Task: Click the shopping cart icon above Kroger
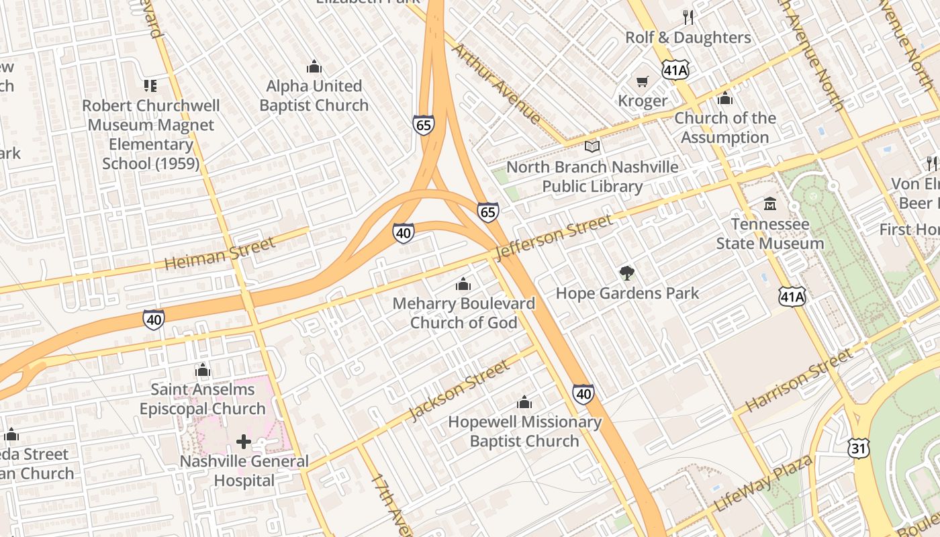(x=643, y=82)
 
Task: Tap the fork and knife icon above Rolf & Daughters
(x=688, y=17)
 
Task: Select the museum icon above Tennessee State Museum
(x=770, y=203)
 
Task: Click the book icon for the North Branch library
(x=592, y=146)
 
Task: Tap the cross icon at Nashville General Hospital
(x=244, y=442)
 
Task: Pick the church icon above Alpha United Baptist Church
(x=314, y=66)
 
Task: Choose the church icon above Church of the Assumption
(x=724, y=99)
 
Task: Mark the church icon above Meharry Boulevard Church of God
(x=463, y=284)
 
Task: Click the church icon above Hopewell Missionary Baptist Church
(x=524, y=402)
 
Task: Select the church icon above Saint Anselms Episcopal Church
(x=202, y=370)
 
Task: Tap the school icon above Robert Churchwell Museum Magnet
(x=150, y=86)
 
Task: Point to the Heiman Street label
(x=220, y=254)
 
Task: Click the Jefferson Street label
(x=554, y=238)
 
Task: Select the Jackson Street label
(x=459, y=391)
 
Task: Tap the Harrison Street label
(x=799, y=380)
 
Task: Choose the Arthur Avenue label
(x=496, y=83)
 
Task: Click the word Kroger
(x=643, y=101)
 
